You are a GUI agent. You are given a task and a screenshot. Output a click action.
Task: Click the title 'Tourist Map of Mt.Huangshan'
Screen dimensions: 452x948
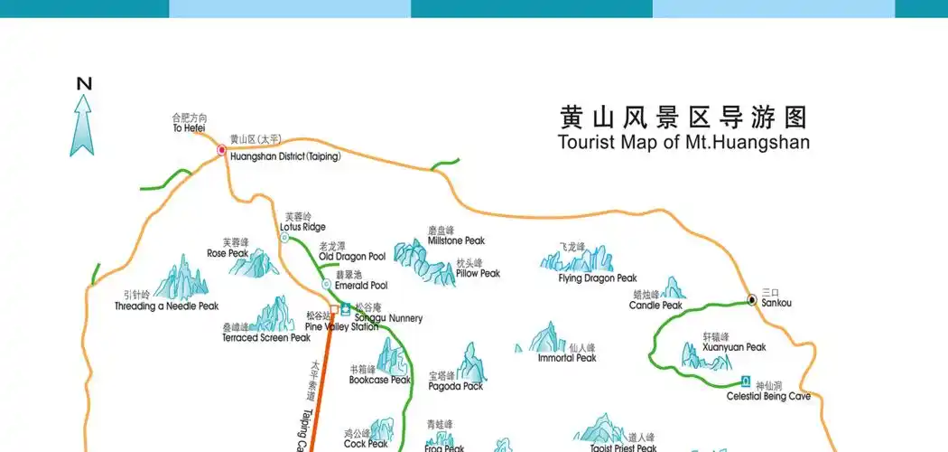tap(683, 143)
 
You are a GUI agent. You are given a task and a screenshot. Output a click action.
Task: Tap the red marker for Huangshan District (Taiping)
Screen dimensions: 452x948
tap(221, 150)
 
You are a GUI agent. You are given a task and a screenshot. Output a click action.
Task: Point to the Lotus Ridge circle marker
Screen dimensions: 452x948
tap(284, 238)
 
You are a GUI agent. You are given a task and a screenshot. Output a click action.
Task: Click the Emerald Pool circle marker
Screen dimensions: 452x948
tap(327, 285)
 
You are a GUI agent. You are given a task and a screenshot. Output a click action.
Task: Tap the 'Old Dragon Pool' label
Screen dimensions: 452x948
tap(352, 257)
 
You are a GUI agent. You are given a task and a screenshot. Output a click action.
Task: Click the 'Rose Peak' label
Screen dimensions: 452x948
tap(228, 254)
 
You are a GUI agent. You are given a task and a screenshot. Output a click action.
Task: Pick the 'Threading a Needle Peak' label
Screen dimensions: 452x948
tap(167, 306)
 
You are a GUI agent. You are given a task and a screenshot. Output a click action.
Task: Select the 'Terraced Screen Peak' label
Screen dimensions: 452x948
tap(266, 338)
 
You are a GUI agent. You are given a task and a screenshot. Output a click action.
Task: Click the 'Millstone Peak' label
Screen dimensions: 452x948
tap(456, 241)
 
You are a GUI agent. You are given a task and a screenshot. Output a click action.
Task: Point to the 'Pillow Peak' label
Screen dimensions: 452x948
tap(478, 274)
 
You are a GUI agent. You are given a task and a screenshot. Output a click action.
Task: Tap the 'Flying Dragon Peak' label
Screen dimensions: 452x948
tap(598, 278)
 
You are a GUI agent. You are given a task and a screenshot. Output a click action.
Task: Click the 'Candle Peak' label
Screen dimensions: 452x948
tap(655, 306)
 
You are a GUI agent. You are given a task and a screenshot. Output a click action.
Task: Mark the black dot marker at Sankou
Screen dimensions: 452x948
tap(751, 299)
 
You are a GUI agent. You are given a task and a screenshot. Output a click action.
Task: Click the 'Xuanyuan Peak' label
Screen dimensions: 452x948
tap(734, 347)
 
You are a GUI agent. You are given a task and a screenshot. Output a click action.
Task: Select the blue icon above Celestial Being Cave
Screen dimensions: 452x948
tap(746, 381)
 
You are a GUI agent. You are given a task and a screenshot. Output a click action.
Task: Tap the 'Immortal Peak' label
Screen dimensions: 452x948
tap(567, 358)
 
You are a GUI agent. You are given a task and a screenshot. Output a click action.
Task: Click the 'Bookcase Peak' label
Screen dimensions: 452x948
tap(379, 381)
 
